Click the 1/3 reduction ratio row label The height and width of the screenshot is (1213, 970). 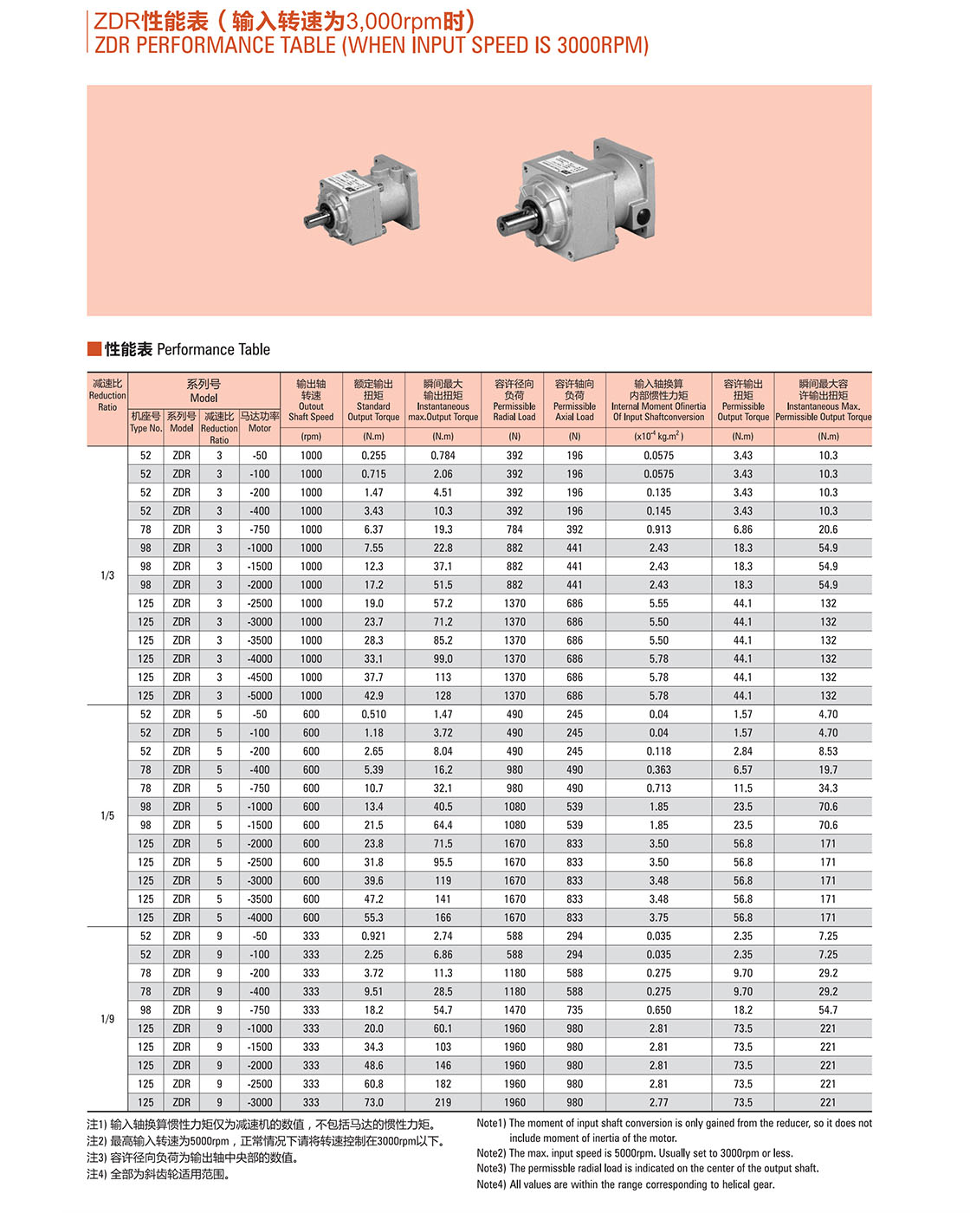point(107,575)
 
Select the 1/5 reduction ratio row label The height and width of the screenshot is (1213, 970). point(107,815)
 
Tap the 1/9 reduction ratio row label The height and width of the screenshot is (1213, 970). point(107,1019)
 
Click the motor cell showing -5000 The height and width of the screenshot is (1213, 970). point(260,696)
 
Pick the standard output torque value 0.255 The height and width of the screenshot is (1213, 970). point(373,456)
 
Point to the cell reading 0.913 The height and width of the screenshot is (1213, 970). point(658,529)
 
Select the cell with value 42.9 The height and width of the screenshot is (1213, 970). point(373,696)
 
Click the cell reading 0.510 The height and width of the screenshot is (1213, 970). point(373,715)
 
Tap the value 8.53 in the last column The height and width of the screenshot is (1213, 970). point(828,751)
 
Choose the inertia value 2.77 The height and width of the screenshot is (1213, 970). point(658,1103)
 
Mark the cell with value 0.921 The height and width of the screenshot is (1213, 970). point(373,937)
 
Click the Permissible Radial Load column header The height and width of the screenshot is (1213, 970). point(514,400)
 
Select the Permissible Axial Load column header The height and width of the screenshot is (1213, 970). point(575,400)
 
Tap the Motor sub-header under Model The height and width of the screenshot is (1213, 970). point(260,422)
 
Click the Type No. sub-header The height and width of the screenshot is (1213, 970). point(145,422)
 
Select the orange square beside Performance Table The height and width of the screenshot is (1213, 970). point(94,349)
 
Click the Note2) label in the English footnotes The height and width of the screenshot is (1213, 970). point(491,1153)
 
